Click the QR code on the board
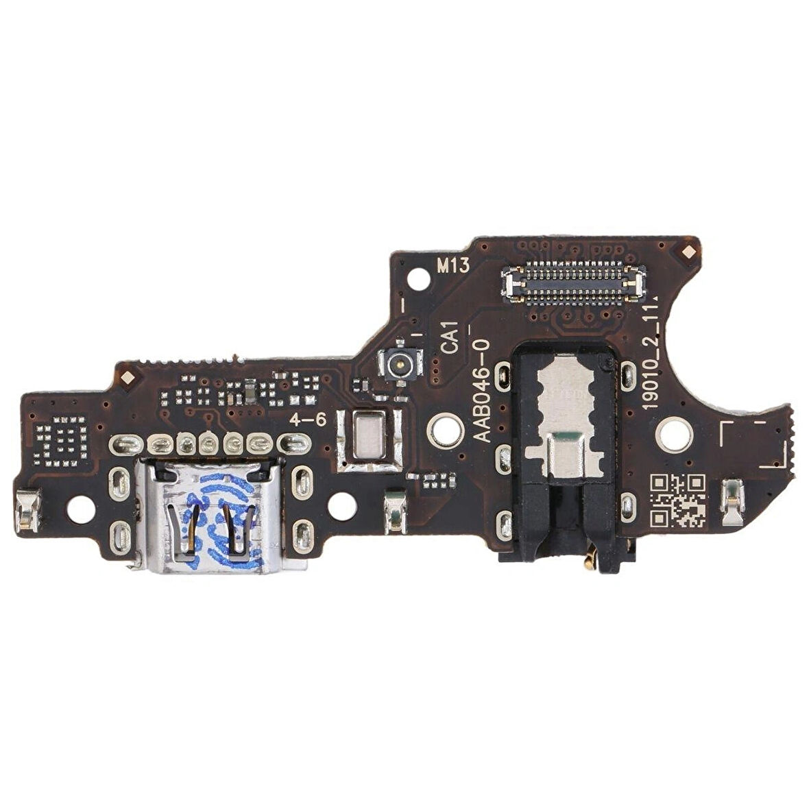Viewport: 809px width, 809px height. click(677, 500)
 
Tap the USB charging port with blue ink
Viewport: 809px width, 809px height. click(208, 516)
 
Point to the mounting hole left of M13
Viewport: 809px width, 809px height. click(416, 279)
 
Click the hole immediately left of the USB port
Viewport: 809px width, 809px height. click(82, 508)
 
